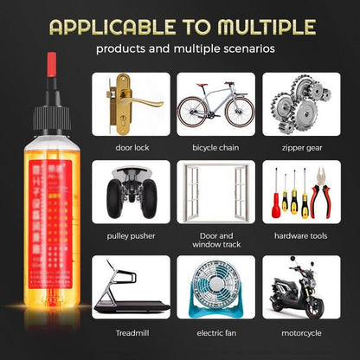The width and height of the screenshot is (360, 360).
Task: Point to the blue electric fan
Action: (x=216, y=286)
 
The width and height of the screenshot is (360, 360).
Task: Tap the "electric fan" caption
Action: (x=216, y=332)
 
